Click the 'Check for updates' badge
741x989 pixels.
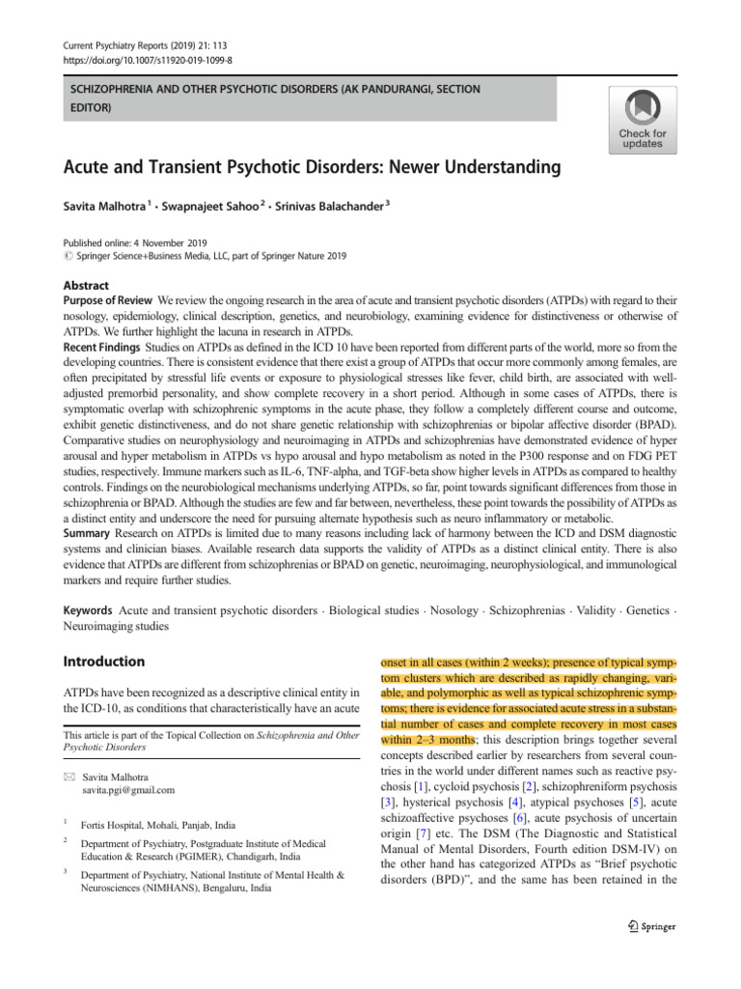coord(642,119)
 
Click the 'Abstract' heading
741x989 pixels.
coord(86,286)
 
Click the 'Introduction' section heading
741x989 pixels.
coord(103,663)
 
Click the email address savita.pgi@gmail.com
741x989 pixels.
coord(128,789)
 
